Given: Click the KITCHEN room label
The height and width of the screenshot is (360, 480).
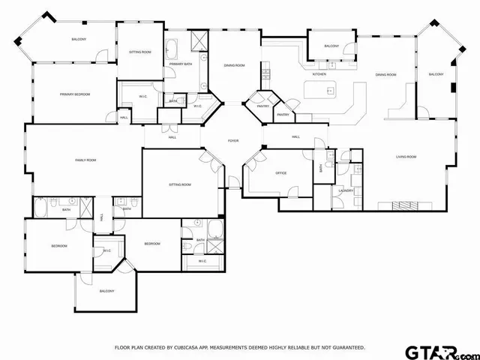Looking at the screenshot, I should tap(319, 74).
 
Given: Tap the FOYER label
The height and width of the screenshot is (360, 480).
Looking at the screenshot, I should tap(233, 141).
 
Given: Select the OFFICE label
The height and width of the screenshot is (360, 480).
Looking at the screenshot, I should tap(281, 173).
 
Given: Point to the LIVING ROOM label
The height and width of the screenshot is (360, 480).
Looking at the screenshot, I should tap(406, 157).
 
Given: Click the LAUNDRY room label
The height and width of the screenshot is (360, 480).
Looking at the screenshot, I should tap(346, 190).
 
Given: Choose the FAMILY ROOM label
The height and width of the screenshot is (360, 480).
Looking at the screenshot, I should tap(85, 160).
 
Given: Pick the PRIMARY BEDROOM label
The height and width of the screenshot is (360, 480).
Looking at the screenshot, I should tap(75, 94).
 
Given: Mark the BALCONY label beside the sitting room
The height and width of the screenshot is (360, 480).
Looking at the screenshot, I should tap(79, 39).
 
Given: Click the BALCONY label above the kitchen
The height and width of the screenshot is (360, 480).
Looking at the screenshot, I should tap(331, 46).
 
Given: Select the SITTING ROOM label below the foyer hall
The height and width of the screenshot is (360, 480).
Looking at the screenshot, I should tap(179, 184).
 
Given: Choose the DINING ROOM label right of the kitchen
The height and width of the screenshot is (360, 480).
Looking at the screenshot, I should tap(385, 74).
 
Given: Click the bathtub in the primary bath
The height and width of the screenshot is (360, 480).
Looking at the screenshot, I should tap(171, 51).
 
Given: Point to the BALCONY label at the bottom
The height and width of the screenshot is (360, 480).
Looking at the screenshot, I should tap(106, 291).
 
